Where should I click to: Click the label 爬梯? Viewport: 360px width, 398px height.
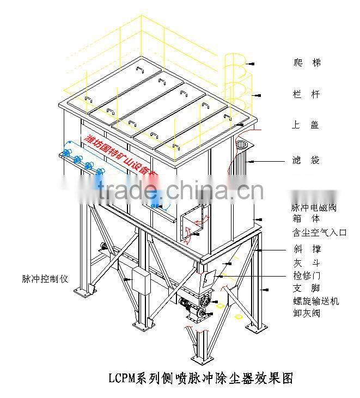[x=307, y=63]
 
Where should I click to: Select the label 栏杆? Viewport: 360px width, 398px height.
[x=307, y=95]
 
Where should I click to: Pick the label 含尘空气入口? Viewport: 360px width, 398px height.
[x=319, y=233]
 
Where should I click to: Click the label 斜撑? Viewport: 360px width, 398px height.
[x=307, y=249]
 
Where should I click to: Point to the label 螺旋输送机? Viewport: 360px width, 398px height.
[x=315, y=301]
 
